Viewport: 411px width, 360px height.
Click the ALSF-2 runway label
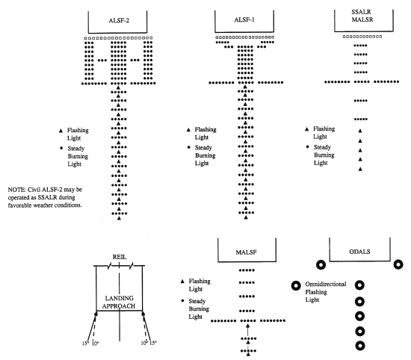coord(119,20)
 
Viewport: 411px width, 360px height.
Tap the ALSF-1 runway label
coord(244,19)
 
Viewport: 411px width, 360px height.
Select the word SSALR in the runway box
coord(361,12)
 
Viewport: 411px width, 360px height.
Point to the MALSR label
coord(362,19)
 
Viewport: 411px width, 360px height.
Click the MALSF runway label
coord(246,252)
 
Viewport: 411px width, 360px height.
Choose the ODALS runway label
coord(359,252)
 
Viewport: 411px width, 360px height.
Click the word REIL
coord(120,257)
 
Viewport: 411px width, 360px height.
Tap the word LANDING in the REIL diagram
coord(120,298)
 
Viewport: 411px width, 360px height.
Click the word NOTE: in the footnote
coord(16,190)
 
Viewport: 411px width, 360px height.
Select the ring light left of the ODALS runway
coord(321,264)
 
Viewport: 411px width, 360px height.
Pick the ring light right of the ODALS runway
coord(398,264)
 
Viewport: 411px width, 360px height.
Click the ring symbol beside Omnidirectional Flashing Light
coord(296,285)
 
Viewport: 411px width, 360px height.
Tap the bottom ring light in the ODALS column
coord(360,346)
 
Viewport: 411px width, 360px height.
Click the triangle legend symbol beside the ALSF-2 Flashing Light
coord(61,130)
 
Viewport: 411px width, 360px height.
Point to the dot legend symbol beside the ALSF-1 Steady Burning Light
coord(188,147)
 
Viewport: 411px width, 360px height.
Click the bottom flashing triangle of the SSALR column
coord(360,169)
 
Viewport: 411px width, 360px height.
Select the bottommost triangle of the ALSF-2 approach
coord(119,218)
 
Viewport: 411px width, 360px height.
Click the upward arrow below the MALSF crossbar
coord(247,329)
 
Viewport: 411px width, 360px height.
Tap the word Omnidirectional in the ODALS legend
coord(326,284)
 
